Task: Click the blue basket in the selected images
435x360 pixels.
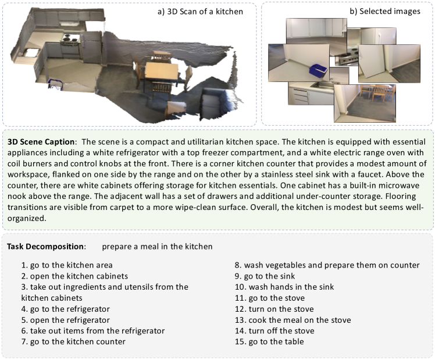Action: tap(319, 69)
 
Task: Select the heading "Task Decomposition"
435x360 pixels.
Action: tap(46, 246)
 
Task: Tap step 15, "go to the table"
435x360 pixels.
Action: tap(276, 342)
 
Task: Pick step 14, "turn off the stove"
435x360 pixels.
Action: tap(279, 331)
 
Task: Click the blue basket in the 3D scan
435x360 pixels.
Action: tap(56, 87)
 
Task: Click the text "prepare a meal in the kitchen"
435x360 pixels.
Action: tap(157, 246)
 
